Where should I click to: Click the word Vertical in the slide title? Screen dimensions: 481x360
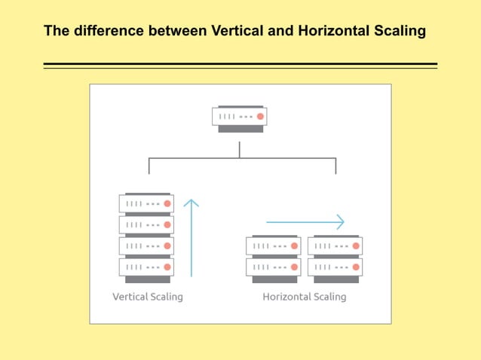coord(230,32)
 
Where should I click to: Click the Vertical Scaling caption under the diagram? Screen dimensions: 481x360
coord(148,297)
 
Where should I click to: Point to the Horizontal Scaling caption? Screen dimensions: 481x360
coord(304,297)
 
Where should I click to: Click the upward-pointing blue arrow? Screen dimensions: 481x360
coord(191,237)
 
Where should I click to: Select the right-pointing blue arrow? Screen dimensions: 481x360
coord(305,222)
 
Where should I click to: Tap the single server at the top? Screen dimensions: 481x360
coord(240,117)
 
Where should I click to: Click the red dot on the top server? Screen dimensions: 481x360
coord(260,117)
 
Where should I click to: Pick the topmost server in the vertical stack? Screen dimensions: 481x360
coord(146,203)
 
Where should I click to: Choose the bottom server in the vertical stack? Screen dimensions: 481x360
coord(146,267)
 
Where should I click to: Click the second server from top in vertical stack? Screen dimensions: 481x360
coord(146,224)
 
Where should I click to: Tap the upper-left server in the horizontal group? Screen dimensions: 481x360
coord(273,246)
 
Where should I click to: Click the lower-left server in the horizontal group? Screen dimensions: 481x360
coord(273,267)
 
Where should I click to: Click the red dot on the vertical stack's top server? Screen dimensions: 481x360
coord(167,203)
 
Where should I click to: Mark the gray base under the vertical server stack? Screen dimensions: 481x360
coord(146,279)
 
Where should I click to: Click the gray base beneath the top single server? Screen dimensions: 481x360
coord(240,129)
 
